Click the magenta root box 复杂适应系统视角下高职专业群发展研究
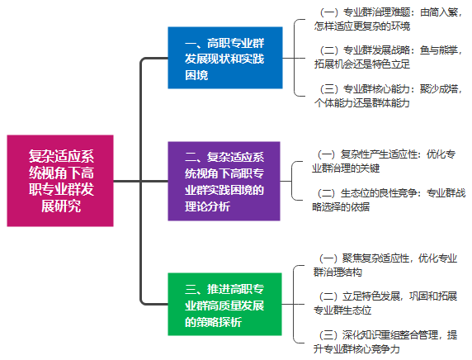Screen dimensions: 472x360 coord(60,181)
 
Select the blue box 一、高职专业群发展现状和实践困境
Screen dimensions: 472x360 coord(225,58)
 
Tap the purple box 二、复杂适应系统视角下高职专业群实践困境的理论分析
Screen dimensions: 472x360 coord(224,181)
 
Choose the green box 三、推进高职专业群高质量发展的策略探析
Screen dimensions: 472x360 coord(225,305)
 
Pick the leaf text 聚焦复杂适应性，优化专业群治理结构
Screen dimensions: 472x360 coord(385,265)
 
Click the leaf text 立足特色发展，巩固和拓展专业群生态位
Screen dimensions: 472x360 coord(385,303)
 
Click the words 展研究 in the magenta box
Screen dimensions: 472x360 coord(61,206)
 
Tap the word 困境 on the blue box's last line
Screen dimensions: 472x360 coord(196,75)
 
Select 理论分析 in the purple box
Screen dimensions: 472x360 coord(207,206)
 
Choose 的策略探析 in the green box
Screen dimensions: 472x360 coord(213,322)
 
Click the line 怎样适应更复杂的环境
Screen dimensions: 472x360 coord(362,26)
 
